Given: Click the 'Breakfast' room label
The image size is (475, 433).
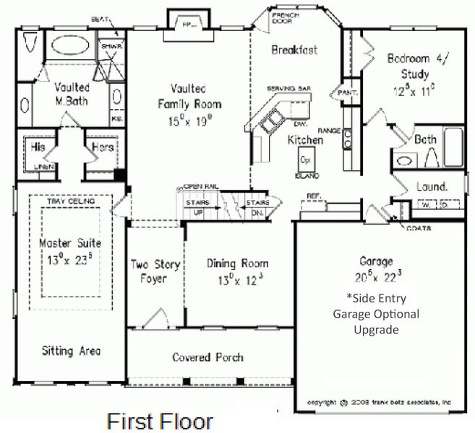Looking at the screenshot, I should click(294, 50).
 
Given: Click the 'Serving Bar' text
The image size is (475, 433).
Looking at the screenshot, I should click(288, 88).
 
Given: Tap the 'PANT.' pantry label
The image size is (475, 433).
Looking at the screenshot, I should click(341, 92).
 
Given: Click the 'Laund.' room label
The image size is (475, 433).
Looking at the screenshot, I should click(431, 186).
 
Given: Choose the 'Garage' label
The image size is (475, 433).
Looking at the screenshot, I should click(376, 261).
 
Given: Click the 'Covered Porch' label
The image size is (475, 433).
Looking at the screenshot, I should click(207, 357).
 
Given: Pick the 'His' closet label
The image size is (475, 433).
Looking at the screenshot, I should click(38, 147).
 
